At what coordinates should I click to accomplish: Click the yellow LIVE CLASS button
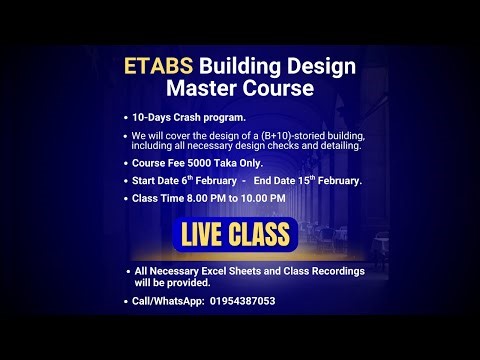[236, 235]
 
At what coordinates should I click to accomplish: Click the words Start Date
[156, 180]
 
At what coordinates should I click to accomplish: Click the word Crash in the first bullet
[188, 117]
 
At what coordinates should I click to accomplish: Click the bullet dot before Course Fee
[126, 162]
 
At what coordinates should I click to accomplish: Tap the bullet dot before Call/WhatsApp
[126, 301]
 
